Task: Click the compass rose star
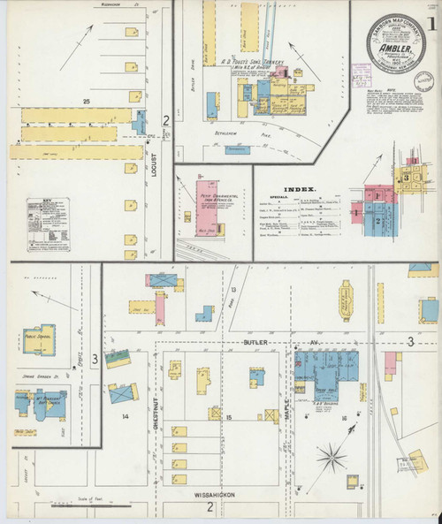pos(332,459)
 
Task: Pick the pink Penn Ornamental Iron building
pos(205,204)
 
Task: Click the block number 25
pos(86,103)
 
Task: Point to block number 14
pos(126,414)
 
